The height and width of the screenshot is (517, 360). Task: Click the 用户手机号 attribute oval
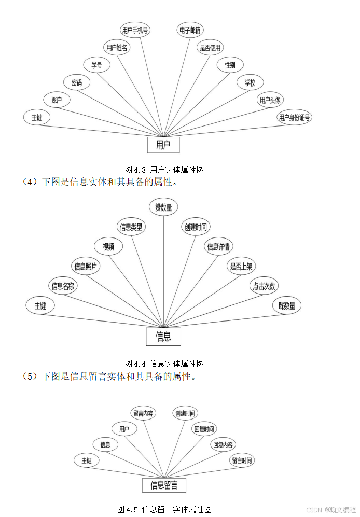(x=135, y=30)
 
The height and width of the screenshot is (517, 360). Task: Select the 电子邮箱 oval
(x=190, y=30)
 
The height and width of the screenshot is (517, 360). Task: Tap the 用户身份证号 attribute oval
(x=295, y=117)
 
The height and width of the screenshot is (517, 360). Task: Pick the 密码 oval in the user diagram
(x=77, y=82)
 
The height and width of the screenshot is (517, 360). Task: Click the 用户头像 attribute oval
(x=271, y=100)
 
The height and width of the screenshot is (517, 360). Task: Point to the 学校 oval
(x=251, y=82)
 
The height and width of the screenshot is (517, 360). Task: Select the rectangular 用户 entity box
(x=163, y=145)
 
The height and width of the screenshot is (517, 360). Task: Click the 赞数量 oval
(x=164, y=207)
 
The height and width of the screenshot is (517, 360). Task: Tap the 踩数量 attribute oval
(x=287, y=306)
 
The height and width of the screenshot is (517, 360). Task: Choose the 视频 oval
(x=108, y=247)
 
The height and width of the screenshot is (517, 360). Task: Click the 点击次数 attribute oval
(x=265, y=286)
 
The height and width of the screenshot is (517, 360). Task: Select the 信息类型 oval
(x=131, y=227)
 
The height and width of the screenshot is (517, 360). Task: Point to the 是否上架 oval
(x=242, y=267)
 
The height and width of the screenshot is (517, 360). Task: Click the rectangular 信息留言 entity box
(x=164, y=485)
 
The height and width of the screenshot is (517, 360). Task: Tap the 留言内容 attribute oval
(x=143, y=413)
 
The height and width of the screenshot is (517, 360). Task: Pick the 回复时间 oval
(x=204, y=429)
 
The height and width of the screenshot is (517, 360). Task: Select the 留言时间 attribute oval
(x=242, y=460)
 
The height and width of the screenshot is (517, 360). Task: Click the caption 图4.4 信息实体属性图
(x=164, y=364)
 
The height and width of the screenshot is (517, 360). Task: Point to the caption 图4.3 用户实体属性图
(x=164, y=170)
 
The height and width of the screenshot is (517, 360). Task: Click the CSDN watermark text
(x=331, y=510)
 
